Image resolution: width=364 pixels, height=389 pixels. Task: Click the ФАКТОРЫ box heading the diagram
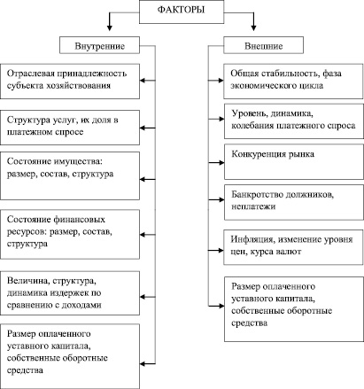pyautogui.click(x=182, y=12)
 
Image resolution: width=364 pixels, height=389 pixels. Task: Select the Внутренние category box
pyautogui.click(x=99, y=45)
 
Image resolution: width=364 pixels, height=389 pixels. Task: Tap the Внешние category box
pyautogui.click(x=263, y=45)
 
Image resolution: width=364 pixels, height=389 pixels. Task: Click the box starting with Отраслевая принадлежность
pyautogui.click(x=70, y=82)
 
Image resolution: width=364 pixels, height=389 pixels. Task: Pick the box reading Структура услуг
pyautogui.click(x=70, y=128)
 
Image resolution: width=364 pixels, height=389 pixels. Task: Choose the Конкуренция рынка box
pyautogui.click(x=294, y=161)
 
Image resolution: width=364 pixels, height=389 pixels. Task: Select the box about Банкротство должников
pyautogui.click(x=294, y=202)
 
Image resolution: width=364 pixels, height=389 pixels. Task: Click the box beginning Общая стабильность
pyautogui.click(x=293, y=82)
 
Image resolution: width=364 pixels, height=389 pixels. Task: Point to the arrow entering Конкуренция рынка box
pyautogui.click(x=216, y=162)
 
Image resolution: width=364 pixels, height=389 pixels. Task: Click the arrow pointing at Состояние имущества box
pyautogui.click(x=147, y=179)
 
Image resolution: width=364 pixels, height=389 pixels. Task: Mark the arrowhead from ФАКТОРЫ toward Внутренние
pyautogui.click(x=110, y=27)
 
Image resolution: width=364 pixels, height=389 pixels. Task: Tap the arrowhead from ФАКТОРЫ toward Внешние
pyautogui.click(x=253, y=27)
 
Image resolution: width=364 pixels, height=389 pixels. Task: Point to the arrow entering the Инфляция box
pyautogui.click(x=216, y=251)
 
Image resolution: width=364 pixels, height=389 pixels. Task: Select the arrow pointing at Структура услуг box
pyautogui.click(x=147, y=128)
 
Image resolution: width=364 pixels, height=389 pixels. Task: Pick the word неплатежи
pyautogui.click(x=253, y=206)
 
